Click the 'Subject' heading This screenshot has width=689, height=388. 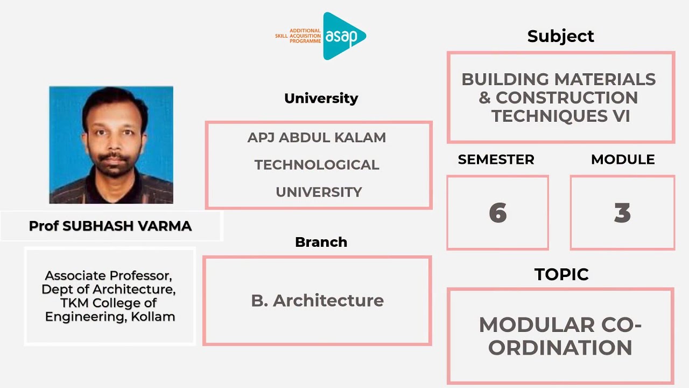pos(560,36)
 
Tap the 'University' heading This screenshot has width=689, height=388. pos(321,98)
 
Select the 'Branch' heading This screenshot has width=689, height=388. pos(321,242)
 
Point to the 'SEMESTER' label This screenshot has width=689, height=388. pos(496,160)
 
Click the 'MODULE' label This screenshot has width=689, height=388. pos(623,160)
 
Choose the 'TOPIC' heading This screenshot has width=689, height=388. pos(561,274)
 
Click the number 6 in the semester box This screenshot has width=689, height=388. pos(498,213)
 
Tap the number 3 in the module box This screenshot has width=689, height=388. pos(622,213)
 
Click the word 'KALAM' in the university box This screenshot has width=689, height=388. pos(360,137)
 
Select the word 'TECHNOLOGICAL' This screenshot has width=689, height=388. pos(317,165)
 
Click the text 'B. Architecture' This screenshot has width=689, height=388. pos(317,300)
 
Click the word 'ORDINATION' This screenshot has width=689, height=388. pos(560,348)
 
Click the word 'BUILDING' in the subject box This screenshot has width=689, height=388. pos(501,79)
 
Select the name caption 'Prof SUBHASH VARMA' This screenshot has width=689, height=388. pos(110,226)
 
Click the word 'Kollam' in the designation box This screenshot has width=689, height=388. pos(153,317)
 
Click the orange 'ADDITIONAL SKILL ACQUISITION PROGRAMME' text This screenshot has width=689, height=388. pos(298,36)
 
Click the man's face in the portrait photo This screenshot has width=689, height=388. pos(112,137)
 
